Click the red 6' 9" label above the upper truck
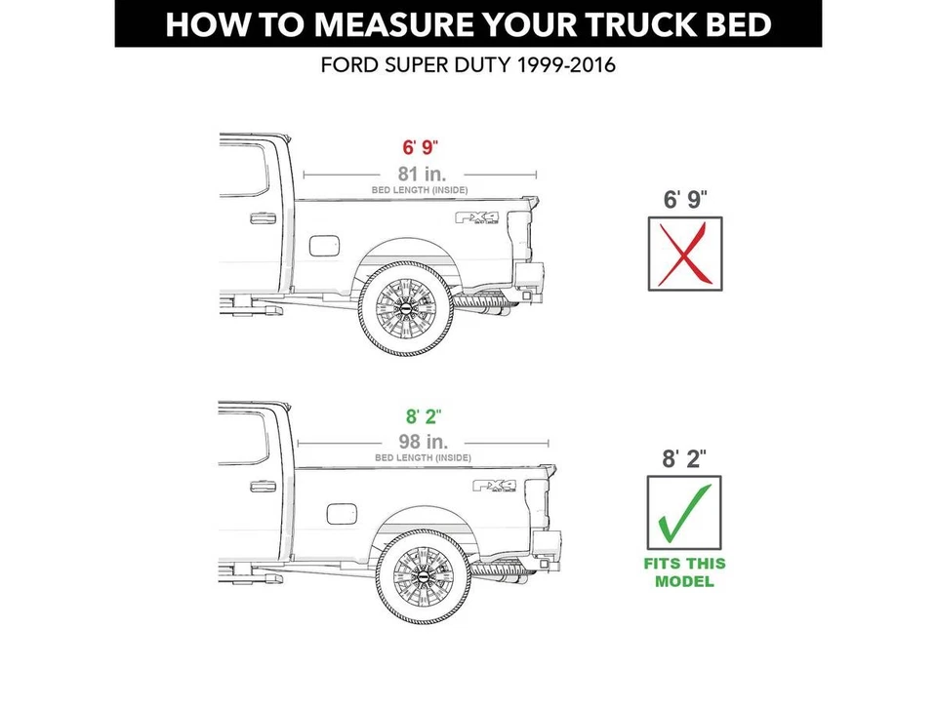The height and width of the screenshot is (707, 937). [421, 148]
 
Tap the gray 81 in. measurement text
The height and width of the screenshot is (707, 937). [421, 173]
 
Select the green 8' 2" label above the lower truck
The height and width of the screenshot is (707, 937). [422, 417]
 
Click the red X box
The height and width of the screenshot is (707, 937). [686, 254]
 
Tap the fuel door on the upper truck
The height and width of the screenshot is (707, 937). [323, 244]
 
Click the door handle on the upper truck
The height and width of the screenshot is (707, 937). [262, 218]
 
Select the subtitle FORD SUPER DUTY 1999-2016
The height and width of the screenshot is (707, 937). [468, 67]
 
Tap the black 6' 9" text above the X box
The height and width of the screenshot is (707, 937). [685, 200]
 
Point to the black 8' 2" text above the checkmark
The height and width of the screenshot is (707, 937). [685, 458]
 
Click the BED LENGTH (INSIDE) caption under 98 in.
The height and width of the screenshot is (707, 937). [423, 457]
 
